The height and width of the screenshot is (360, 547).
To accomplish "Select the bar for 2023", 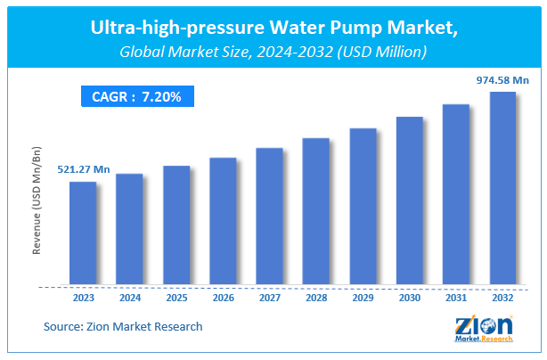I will tap(83, 233).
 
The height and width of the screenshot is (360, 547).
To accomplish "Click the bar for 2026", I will tap(223, 222).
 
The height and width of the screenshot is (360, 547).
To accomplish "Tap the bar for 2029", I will tap(363, 207).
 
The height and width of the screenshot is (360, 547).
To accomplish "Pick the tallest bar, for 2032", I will tap(502, 189).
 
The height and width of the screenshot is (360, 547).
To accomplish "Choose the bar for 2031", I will tap(455, 195).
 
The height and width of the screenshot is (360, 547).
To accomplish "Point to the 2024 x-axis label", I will tap(129, 299).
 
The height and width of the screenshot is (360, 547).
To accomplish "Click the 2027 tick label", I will tap(269, 299).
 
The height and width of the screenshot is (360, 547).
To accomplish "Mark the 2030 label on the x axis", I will tap(409, 299).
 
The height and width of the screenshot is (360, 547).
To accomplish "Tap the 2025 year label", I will tap(176, 299).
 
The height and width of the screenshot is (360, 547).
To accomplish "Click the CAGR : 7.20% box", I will tap(135, 96).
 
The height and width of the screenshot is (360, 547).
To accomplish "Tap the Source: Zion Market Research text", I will tap(123, 327).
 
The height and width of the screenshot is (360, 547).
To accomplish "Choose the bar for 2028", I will tap(315, 212).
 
